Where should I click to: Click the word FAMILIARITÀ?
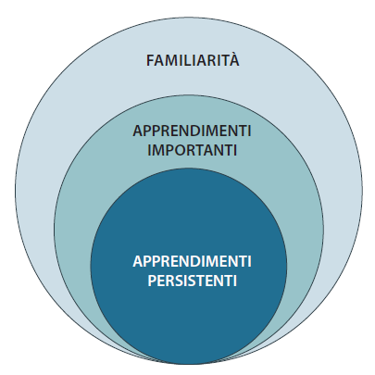tap(193, 59)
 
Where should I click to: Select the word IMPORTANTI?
tap(192, 150)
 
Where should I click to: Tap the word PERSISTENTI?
tap(192, 281)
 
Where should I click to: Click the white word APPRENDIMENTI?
tap(192, 261)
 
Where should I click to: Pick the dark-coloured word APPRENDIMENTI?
tap(192, 131)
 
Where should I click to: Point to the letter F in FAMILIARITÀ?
tap(150, 60)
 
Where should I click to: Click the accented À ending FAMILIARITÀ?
tap(234, 59)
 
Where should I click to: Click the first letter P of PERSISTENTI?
tap(152, 281)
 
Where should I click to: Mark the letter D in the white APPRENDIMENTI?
tap(195, 261)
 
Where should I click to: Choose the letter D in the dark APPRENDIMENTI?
tap(195, 131)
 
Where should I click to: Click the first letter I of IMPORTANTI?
tap(149, 150)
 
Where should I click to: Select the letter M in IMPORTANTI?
tap(157, 150)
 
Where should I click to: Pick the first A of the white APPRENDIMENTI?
tap(138, 261)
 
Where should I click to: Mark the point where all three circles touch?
tap(189, 364)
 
